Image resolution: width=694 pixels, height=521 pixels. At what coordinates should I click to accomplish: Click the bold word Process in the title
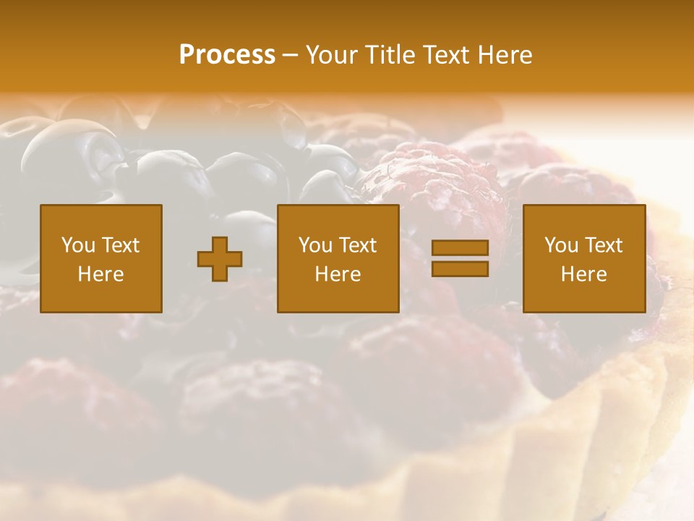(227, 55)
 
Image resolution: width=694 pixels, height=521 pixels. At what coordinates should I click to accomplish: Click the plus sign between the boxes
(220, 259)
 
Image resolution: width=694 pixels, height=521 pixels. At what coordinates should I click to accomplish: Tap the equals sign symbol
(460, 258)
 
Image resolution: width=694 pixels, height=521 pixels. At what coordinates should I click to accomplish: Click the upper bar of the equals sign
(460, 248)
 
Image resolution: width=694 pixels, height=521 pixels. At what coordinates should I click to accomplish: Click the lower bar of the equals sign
(460, 269)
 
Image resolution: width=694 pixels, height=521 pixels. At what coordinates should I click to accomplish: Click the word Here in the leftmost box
(100, 274)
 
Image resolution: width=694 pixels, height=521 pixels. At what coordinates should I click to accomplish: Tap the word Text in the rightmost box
(605, 245)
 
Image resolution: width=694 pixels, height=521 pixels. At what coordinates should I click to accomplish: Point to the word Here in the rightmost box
(583, 274)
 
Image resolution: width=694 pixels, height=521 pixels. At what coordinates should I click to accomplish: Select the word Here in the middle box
(338, 274)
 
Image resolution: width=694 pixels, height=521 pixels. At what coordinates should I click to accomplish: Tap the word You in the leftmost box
(78, 245)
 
